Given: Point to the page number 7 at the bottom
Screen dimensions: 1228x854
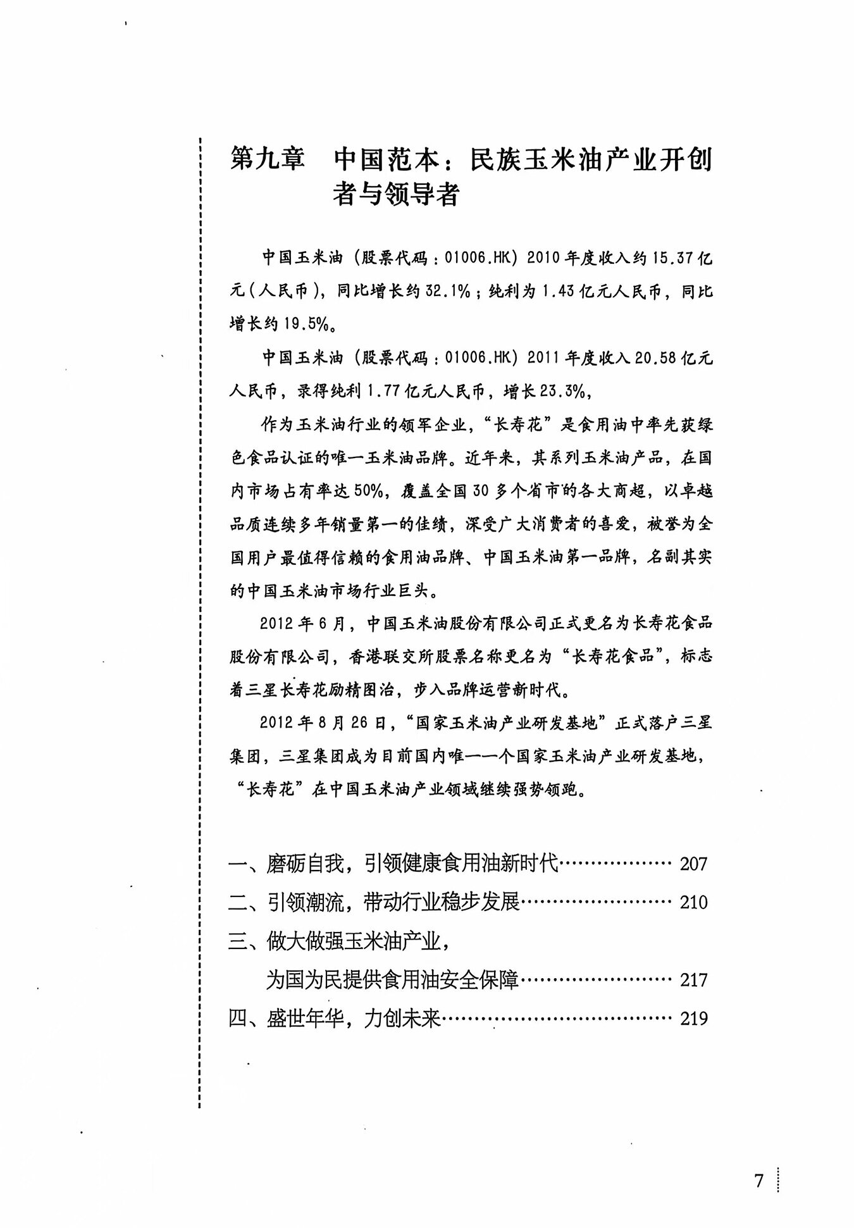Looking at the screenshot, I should tap(759, 1181).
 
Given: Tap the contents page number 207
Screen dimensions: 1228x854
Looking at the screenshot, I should tap(693, 864).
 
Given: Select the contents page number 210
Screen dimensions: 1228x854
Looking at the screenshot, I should tap(693, 902).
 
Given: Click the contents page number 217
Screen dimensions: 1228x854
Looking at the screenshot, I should tap(693, 980).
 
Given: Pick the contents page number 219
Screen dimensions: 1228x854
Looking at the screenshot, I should tap(693, 1019).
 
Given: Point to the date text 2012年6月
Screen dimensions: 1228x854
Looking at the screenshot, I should tap(302, 623).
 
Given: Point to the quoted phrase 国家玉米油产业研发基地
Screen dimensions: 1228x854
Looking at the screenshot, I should tap(509, 723).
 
